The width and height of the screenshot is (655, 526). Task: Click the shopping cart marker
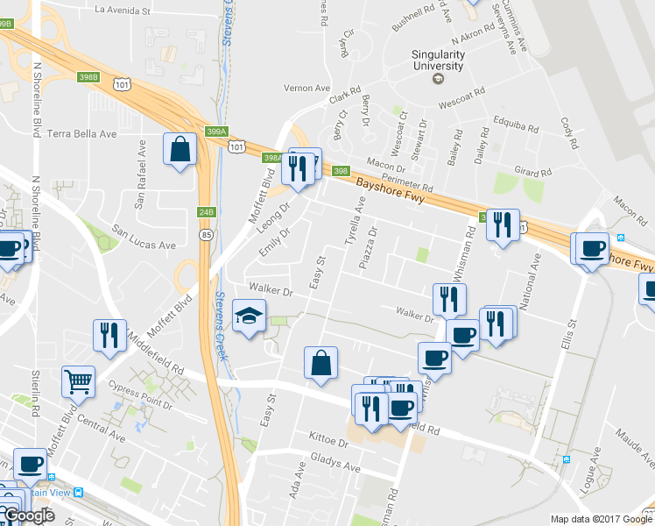pos(79,382)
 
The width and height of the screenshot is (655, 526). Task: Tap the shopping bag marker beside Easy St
pos(320,362)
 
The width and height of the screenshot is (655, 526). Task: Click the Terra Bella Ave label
pos(82,134)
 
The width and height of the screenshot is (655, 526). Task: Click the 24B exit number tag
pos(206,212)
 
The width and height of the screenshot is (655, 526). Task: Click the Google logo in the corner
pos(28,515)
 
